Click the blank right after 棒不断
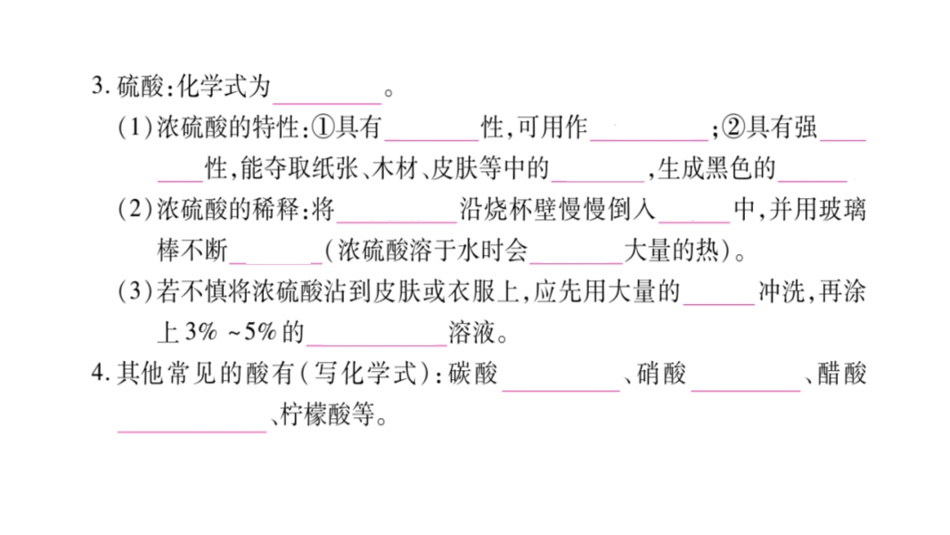[x=275, y=255]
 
